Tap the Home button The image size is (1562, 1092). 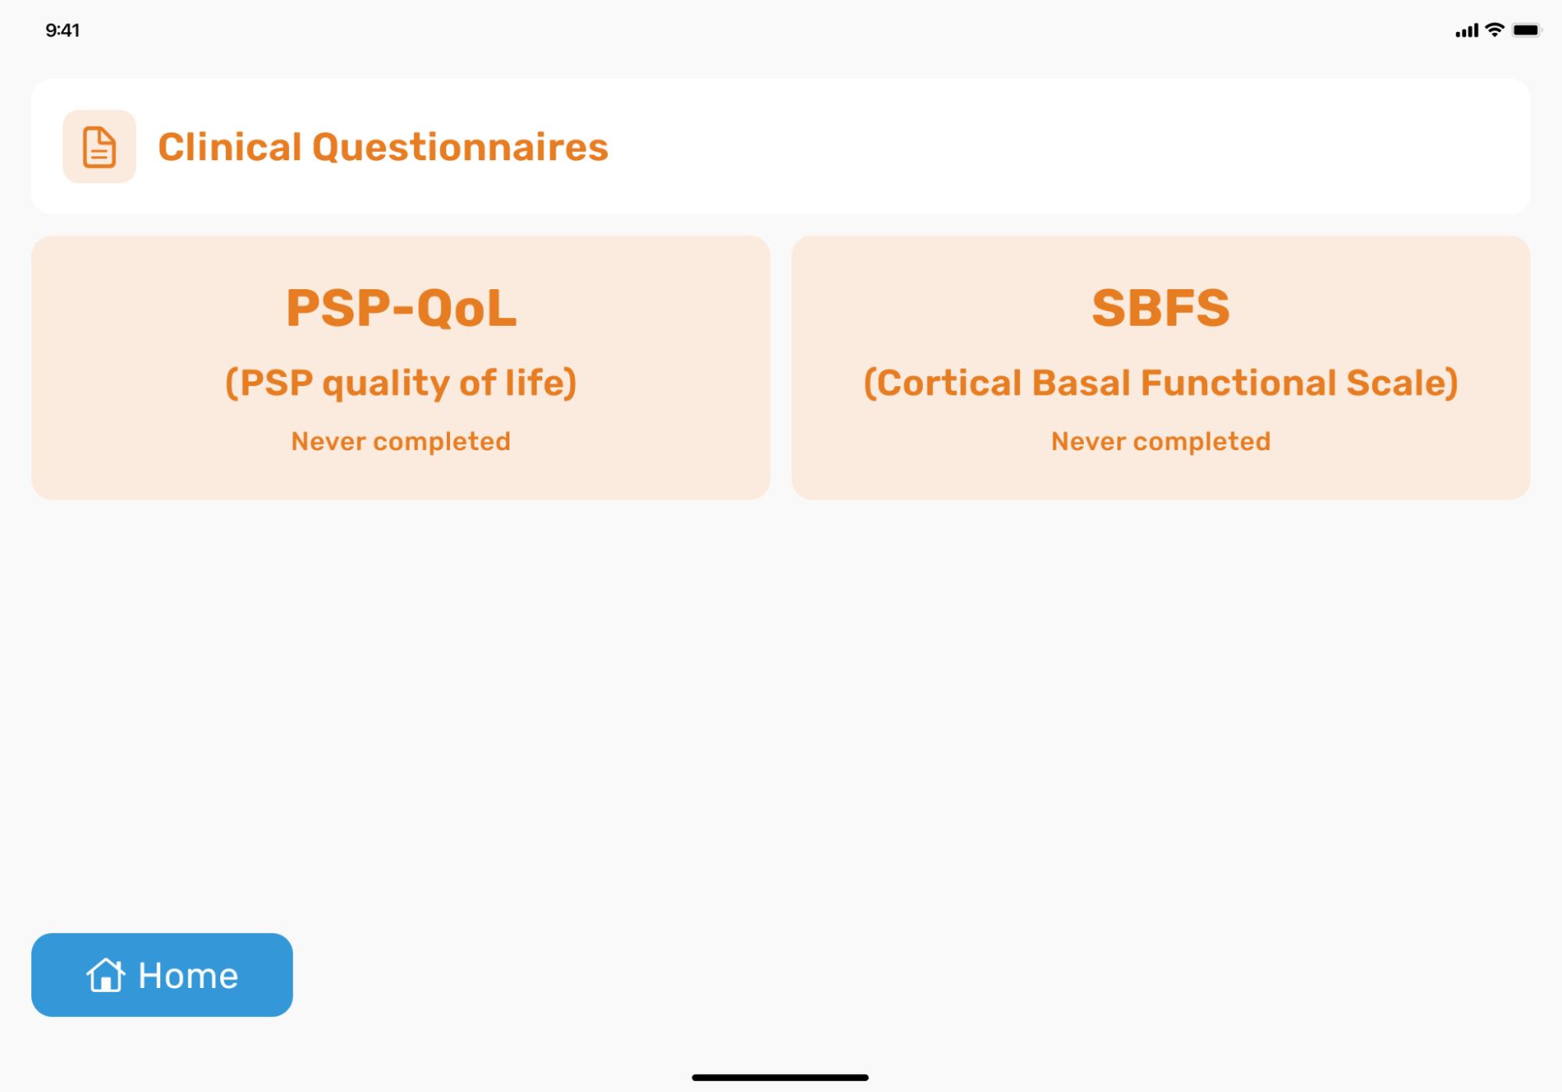[162, 975]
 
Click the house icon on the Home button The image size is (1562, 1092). [105, 975]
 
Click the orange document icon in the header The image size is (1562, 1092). [99, 147]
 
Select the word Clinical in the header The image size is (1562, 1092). [230, 147]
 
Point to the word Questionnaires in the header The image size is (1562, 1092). [460, 147]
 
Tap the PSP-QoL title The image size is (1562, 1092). [401, 308]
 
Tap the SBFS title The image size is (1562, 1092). [1160, 308]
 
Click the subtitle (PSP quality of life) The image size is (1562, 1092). [401, 383]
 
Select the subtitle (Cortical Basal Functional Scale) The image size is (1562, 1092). [1160, 383]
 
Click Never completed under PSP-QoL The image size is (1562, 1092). [401, 442]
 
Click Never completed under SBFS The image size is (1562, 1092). [1160, 442]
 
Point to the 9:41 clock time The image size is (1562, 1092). [63, 30]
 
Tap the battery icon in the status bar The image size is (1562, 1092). [1527, 30]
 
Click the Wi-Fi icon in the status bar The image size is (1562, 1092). [1494, 30]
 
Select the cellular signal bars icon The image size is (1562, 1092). [1467, 30]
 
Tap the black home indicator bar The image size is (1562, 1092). [780, 1077]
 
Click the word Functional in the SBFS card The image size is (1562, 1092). [1239, 383]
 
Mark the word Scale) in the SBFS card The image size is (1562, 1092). [1402, 383]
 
